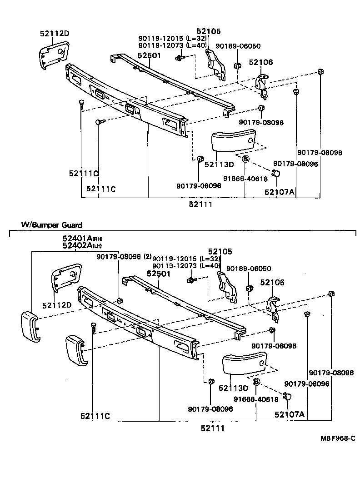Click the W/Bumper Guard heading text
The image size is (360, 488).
coord(51,225)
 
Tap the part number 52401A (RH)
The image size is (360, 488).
coord(82,239)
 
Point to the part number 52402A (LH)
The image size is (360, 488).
coord(82,246)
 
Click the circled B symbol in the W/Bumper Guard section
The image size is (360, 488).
coord(256,383)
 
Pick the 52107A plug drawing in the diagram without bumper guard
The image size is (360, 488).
coord(276,173)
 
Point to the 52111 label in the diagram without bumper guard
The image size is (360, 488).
coord(201,205)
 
